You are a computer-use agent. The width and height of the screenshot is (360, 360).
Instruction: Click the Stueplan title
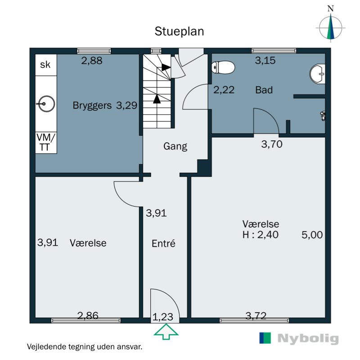click(x=179, y=31)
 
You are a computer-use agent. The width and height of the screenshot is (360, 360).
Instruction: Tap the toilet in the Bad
click(x=223, y=67)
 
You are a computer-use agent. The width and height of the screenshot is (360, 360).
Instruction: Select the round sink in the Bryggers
click(x=46, y=104)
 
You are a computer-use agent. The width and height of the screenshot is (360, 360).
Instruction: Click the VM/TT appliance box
click(x=46, y=142)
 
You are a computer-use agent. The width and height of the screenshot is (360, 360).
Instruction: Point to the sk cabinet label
click(x=45, y=65)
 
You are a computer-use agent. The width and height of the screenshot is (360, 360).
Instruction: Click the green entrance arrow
click(x=166, y=331)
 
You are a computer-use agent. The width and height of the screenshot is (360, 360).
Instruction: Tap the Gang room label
click(x=175, y=146)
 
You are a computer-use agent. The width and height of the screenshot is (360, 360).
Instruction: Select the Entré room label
click(x=163, y=243)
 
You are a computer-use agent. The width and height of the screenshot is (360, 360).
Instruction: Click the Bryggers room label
click(x=92, y=106)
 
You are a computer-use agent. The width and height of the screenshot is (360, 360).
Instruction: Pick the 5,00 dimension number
click(x=312, y=235)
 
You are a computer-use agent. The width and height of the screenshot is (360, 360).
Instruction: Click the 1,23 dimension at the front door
click(x=162, y=317)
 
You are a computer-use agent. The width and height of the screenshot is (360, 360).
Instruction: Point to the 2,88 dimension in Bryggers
click(x=92, y=61)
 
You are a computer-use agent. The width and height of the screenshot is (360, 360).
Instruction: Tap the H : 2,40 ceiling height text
click(x=261, y=234)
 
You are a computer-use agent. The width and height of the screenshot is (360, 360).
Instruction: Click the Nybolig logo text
click(x=308, y=338)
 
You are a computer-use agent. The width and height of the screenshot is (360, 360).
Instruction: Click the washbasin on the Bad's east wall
click(x=318, y=74)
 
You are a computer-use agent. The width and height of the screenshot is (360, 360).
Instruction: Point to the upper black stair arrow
click(x=166, y=67)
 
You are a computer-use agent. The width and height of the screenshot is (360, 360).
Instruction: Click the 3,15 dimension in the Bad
click(x=265, y=60)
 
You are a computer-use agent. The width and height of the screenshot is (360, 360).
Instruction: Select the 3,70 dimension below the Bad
click(x=272, y=144)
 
